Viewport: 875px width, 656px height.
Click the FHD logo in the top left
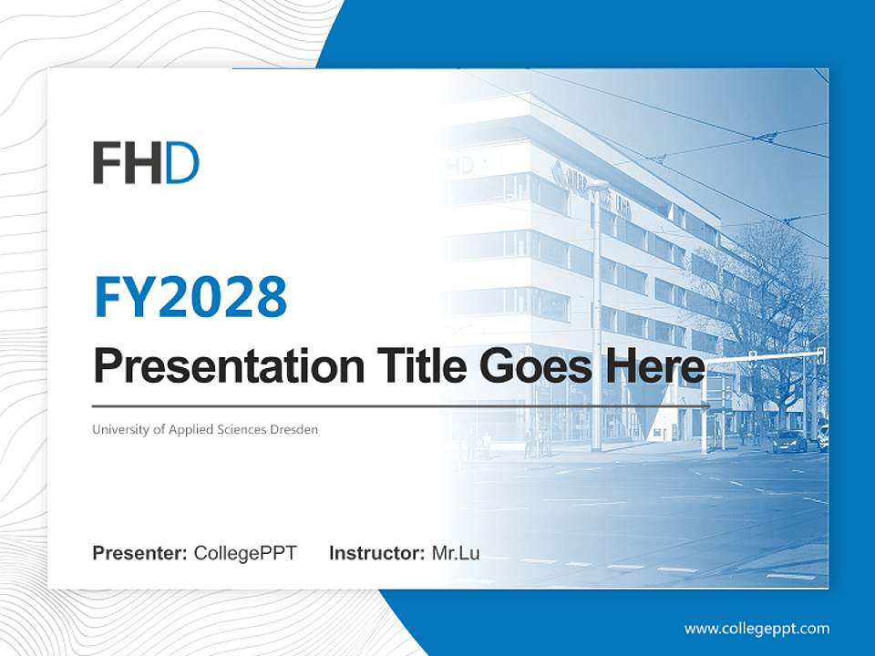(x=146, y=163)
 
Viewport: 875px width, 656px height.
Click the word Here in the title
(x=654, y=366)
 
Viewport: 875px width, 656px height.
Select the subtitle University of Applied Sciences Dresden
(x=205, y=429)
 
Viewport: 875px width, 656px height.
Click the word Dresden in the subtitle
(x=294, y=429)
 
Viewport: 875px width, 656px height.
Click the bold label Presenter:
(x=139, y=553)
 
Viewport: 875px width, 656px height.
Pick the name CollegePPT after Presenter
(x=245, y=553)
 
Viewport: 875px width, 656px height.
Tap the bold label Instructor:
(x=376, y=553)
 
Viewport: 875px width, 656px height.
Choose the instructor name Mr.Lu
(x=456, y=553)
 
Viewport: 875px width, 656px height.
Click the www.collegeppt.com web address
(x=757, y=629)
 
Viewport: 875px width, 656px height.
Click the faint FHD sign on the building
(x=456, y=167)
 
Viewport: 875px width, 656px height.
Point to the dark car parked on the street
(x=789, y=441)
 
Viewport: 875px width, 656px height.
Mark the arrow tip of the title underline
(x=708, y=405)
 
